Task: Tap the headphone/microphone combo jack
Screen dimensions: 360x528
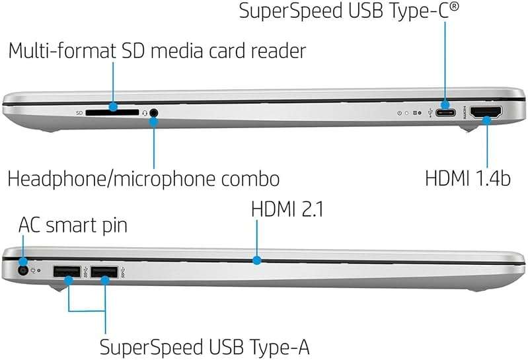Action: pos(155,113)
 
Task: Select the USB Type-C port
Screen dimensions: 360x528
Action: pos(447,112)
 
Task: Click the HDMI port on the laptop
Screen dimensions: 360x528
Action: pos(486,112)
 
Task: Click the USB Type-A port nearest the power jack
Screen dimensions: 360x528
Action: pos(66,270)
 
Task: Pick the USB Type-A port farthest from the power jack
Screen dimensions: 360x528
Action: pos(104,270)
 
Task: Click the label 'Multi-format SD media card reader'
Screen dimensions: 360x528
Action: pos(157,51)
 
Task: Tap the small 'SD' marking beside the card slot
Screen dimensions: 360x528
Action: pos(79,113)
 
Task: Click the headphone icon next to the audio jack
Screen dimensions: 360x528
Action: pos(144,113)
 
